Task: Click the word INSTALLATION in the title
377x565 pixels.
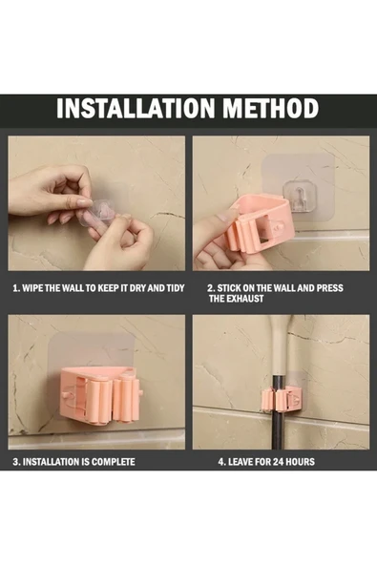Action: pyautogui.click(x=136, y=108)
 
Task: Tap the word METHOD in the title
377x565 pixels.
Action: pyautogui.click(x=270, y=108)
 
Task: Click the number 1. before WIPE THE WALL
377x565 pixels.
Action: pyautogui.click(x=16, y=288)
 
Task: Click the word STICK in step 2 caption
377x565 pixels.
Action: pyautogui.click(x=229, y=288)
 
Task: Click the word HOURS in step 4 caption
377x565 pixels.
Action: pyautogui.click(x=301, y=462)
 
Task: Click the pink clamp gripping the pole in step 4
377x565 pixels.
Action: pyautogui.click(x=282, y=398)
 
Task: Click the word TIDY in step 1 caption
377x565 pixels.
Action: pyautogui.click(x=175, y=288)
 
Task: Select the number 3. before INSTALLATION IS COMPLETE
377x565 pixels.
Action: pyautogui.click(x=16, y=462)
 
